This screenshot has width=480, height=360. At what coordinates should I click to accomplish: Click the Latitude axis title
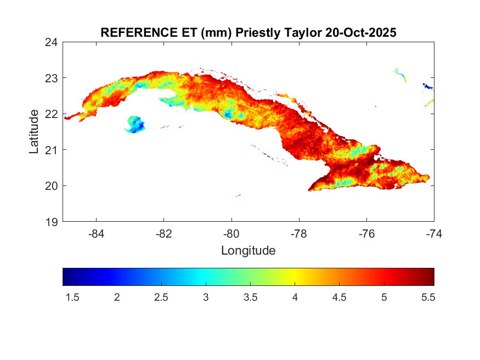[x=34, y=132]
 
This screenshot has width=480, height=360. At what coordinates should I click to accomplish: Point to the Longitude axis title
[x=248, y=251]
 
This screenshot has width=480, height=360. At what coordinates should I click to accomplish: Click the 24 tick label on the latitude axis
[x=53, y=42]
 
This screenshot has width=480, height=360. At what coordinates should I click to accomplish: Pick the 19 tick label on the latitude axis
[x=53, y=222]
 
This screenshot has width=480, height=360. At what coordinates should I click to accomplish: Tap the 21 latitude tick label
[x=53, y=149]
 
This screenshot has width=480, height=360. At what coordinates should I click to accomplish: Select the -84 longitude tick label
[x=96, y=233]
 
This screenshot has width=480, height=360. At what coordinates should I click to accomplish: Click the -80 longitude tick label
[x=231, y=233]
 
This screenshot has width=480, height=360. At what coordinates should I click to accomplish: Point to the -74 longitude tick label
[x=433, y=233]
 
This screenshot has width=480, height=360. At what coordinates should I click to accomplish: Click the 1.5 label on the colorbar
[x=72, y=297]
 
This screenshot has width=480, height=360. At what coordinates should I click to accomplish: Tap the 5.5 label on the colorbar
[x=428, y=297]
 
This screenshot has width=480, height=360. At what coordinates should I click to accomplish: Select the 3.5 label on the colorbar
[x=250, y=297]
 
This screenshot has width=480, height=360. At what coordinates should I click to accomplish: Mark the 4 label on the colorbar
[x=295, y=297]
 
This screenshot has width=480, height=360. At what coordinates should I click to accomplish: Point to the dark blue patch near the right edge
[x=427, y=86]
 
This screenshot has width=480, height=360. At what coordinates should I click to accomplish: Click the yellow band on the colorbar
[x=295, y=277]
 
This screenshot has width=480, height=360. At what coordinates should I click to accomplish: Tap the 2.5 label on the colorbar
[x=161, y=297]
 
